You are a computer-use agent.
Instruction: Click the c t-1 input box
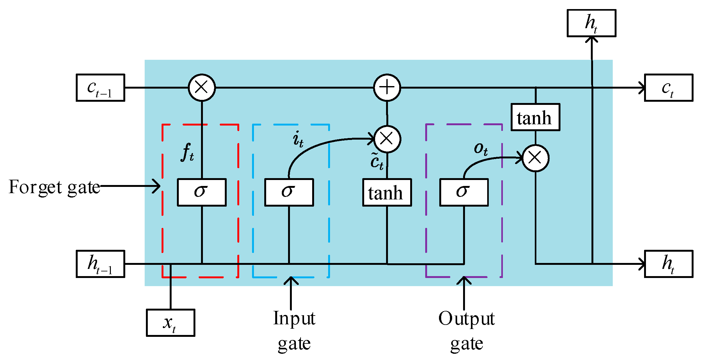click(x=100, y=88)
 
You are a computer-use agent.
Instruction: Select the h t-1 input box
click(x=100, y=264)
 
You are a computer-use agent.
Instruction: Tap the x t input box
click(x=170, y=323)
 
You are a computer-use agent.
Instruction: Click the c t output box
click(x=668, y=88)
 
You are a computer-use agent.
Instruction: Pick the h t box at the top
click(x=591, y=23)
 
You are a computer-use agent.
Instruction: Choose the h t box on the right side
click(x=668, y=264)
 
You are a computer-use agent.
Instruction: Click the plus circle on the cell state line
click(x=387, y=88)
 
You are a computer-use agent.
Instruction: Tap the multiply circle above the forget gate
click(x=202, y=88)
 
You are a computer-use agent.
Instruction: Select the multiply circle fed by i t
click(x=387, y=139)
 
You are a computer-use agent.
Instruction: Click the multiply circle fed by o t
click(x=535, y=158)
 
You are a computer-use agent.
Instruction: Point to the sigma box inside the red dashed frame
click(x=202, y=192)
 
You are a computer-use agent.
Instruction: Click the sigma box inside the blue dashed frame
click(x=289, y=192)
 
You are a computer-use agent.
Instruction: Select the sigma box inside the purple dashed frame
click(x=464, y=192)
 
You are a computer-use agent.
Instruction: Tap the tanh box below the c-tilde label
click(x=387, y=192)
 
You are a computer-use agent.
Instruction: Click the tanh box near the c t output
click(x=535, y=117)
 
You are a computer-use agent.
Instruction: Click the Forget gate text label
click(x=54, y=187)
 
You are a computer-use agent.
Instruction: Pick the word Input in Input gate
click(x=294, y=319)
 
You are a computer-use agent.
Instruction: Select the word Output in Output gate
click(x=466, y=319)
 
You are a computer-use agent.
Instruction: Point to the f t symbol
click(x=187, y=152)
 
